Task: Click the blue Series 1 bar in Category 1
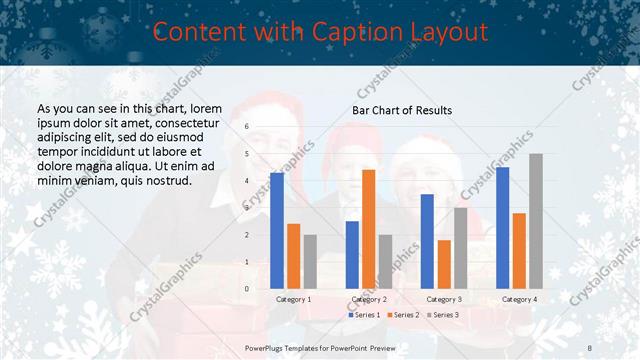click(277, 231)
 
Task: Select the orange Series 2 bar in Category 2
click(368, 229)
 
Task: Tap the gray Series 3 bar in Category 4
click(536, 221)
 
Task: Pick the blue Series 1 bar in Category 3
click(427, 241)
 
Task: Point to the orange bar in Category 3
click(444, 264)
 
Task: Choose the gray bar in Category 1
click(310, 262)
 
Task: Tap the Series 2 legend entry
click(402, 315)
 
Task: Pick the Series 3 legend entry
click(442, 315)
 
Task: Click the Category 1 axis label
click(294, 299)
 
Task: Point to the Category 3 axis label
click(444, 299)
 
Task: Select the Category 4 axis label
click(519, 299)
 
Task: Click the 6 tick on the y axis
click(246, 127)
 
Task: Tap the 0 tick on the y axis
click(246, 289)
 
